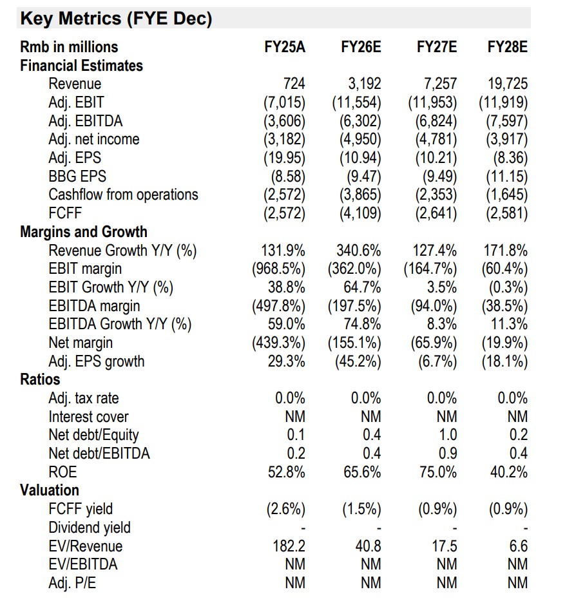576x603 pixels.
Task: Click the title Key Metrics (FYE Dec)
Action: (116, 19)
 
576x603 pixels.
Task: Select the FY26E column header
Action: (361, 47)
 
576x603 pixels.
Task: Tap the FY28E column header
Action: (507, 47)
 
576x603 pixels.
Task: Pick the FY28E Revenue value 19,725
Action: (507, 84)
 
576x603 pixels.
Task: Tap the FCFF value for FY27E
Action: (432, 213)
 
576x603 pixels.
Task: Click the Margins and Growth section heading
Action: (84, 232)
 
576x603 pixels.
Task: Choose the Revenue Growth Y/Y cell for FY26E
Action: (358, 251)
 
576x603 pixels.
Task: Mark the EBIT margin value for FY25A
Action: (278, 269)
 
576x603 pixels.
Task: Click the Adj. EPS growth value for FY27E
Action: (437, 361)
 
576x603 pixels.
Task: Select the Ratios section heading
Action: (40, 379)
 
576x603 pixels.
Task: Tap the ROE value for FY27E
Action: (437, 472)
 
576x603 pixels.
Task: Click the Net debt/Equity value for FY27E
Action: (447, 435)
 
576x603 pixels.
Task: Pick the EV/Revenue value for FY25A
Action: (289, 546)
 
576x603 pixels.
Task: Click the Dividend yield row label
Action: (90, 528)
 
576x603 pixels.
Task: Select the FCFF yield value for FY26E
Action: (361, 510)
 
